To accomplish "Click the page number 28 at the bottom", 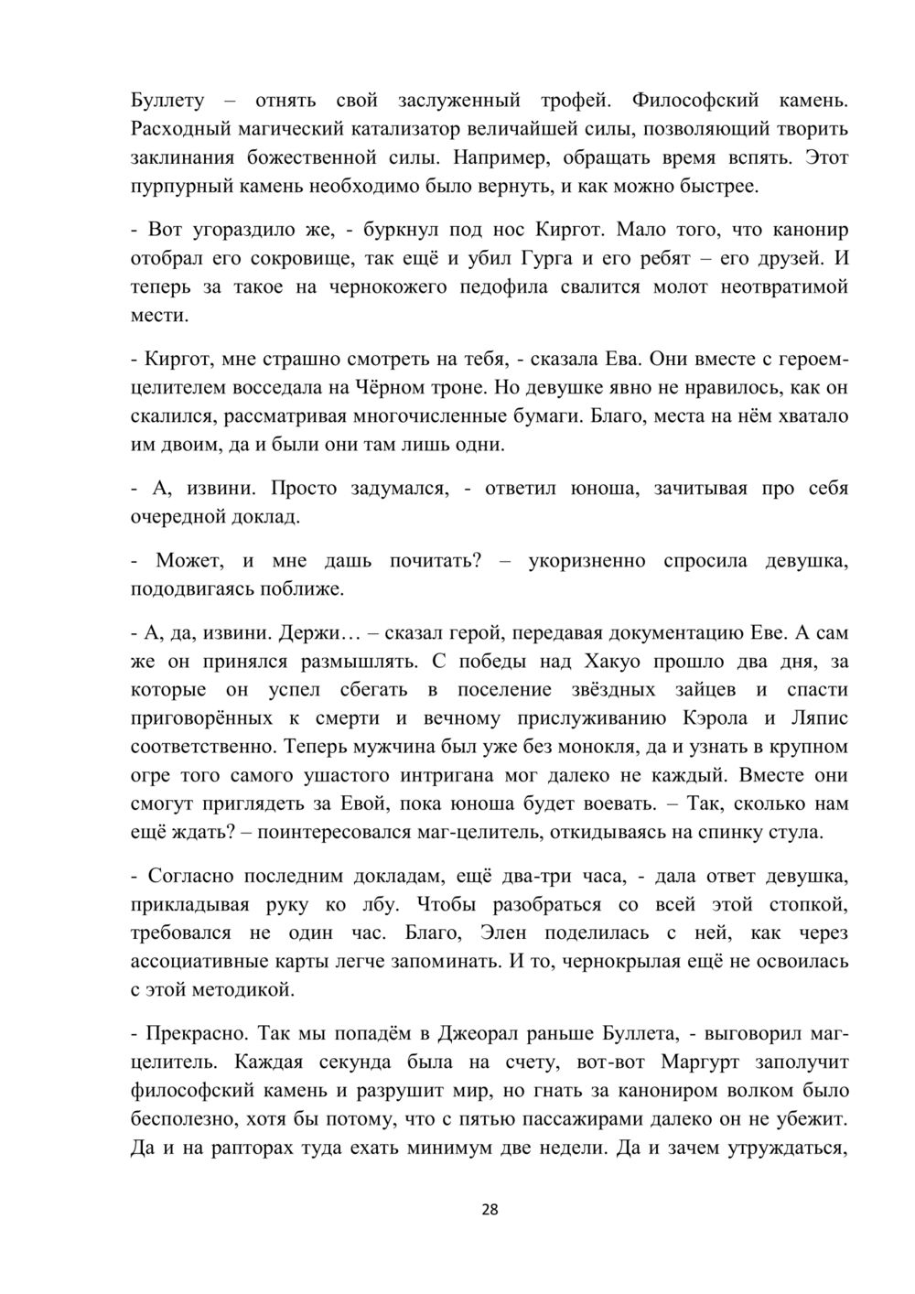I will (x=490, y=1210).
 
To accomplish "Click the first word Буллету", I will (x=167, y=100).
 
